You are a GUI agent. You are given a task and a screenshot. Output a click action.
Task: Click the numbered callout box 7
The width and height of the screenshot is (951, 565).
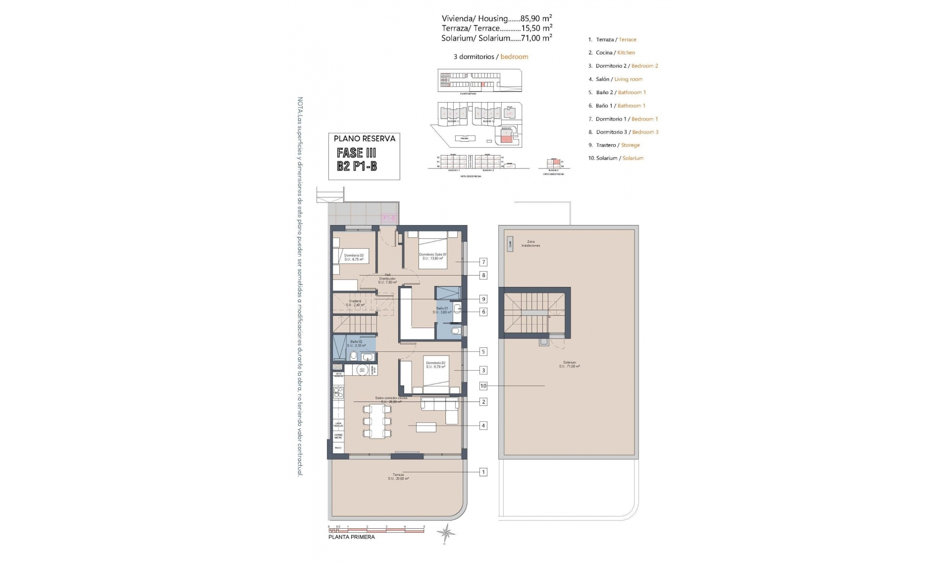coord(483,262)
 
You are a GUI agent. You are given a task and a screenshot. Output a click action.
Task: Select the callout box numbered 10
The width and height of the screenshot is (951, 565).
coord(483,386)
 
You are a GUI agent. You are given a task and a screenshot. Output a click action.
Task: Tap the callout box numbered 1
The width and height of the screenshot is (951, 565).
coord(483,472)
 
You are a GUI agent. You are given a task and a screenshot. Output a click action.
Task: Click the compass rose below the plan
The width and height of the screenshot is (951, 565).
coord(447,533)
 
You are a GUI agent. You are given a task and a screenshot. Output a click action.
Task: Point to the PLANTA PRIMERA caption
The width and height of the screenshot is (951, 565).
coord(352,537)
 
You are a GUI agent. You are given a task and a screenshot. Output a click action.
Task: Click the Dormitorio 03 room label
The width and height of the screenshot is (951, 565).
coord(354,257)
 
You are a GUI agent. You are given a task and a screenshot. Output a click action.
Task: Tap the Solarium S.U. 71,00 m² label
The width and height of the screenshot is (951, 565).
coord(569,364)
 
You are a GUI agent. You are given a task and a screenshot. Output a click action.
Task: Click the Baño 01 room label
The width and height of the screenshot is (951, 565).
coord(442,310)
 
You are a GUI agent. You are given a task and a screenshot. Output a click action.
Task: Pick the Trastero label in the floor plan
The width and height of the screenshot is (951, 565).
coord(355,303)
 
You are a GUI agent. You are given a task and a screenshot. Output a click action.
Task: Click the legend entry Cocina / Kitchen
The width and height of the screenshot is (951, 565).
coord(611,53)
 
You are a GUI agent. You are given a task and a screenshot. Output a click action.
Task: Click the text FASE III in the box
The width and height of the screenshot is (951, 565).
coord(356,153)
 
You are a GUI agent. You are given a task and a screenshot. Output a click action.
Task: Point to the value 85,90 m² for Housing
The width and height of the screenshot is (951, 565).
coord(536,18)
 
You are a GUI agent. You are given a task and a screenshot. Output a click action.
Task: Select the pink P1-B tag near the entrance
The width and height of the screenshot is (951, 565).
coord(389,218)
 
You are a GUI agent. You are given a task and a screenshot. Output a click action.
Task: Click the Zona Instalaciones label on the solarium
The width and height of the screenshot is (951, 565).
coord(530,243)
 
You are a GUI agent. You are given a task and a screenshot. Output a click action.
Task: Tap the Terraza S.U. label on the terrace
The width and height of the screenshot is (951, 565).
coord(398,477)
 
